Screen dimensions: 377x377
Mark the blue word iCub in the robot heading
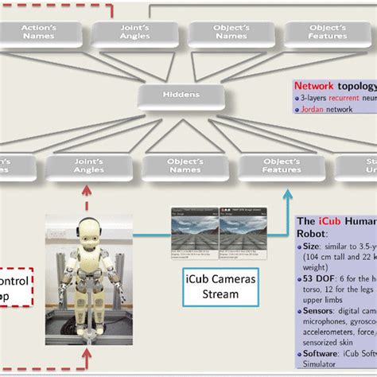tap(329, 222)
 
